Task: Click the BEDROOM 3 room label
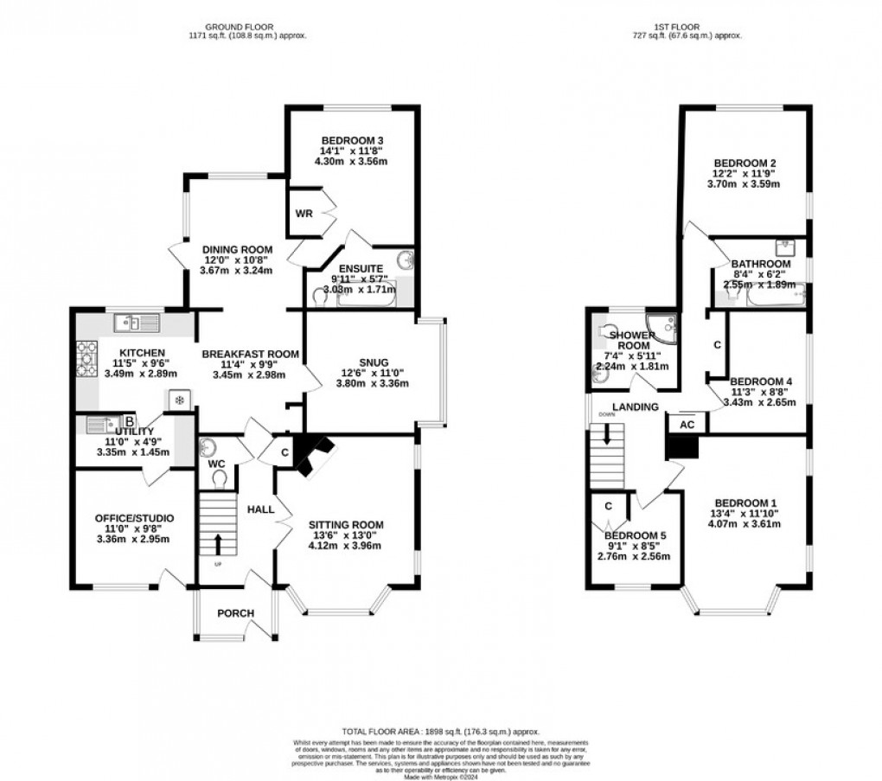point(352,141)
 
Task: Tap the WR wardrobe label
point(304,214)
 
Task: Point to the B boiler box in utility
point(129,421)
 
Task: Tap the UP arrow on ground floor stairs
point(216,543)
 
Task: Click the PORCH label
point(235,613)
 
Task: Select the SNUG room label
point(374,362)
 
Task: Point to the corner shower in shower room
point(664,326)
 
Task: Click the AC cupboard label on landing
point(687,425)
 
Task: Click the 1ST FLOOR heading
point(687,26)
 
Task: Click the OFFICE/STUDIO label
point(131,518)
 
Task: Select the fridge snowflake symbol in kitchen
point(178,400)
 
